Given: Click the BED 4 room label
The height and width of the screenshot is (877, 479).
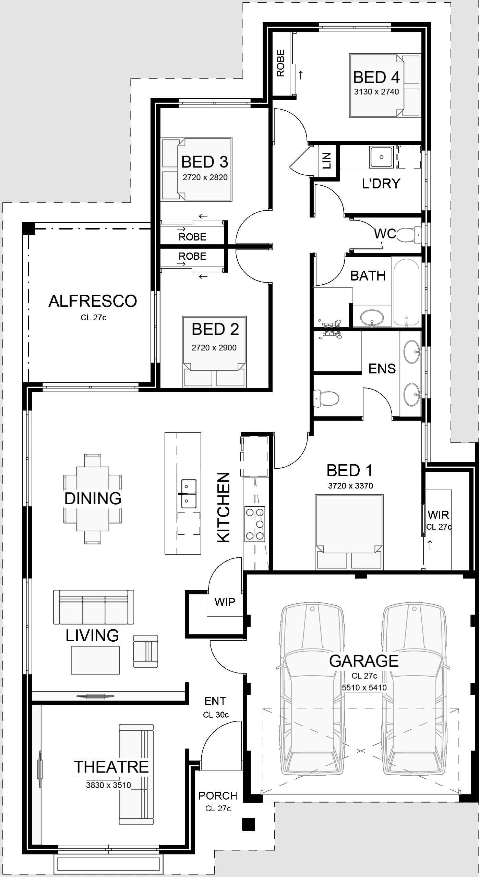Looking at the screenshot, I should coord(376,77).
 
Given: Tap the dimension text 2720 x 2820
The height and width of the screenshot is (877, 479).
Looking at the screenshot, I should coord(205,177).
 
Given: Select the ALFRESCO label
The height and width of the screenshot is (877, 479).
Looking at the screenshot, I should coord(93,301).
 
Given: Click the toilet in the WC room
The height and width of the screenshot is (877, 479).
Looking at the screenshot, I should coord(409,234).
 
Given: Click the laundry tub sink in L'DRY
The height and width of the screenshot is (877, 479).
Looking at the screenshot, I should coord(381,157).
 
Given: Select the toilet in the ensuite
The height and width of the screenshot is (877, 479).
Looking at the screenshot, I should coord(326,398).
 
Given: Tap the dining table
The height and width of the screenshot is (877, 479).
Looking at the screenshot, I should coord(93,499).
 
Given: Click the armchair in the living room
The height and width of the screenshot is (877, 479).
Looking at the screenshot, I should coord(146,651).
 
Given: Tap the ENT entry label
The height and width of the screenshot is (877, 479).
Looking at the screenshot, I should coord(215,701).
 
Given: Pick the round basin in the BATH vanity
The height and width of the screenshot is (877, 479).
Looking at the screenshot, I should coord(372,317).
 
